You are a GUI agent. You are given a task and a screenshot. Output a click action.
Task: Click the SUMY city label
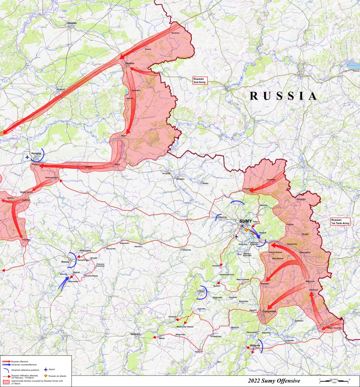(246, 221)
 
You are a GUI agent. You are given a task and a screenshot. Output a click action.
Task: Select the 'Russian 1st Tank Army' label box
(340, 222)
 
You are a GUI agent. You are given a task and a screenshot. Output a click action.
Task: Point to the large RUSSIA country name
(283, 96)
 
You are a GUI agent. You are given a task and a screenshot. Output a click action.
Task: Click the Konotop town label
(36, 154)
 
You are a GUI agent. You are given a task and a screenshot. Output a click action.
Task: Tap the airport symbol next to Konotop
(27, 157)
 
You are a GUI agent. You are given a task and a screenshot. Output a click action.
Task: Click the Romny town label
(66, 262)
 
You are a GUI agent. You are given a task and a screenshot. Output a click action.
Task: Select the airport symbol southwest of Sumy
(236, 237)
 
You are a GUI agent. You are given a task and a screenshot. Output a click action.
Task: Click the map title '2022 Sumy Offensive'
(274, 381)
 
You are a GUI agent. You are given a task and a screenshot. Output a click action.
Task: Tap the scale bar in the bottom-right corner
(334, 381)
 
